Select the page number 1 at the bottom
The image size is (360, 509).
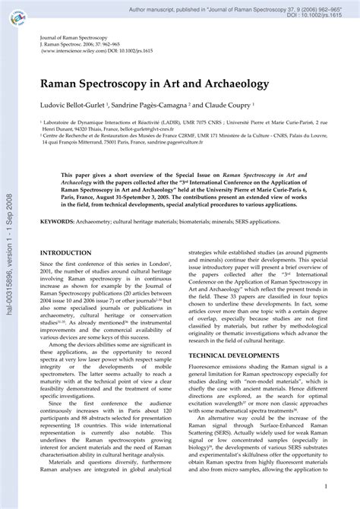point(326,486)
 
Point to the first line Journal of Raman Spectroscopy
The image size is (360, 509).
point(74,37)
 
